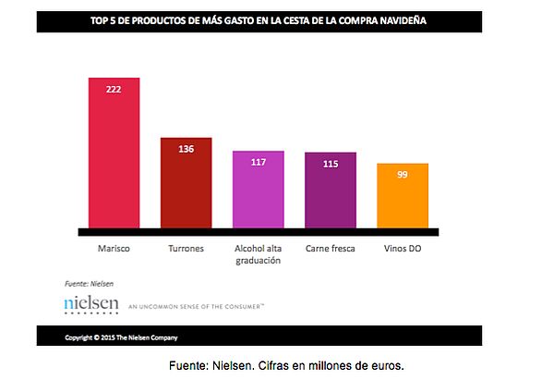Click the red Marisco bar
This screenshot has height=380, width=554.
point(114,153)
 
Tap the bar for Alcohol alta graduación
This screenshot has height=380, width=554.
point(258,190)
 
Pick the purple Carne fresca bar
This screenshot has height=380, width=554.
point(330,190)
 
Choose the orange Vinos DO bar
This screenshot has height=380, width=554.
point(403,195)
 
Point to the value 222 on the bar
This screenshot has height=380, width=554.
point(114,88)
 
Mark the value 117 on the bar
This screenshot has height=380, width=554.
point(258,161)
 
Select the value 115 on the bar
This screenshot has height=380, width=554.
point(330,164)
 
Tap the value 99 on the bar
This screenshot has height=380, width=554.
point(403,173)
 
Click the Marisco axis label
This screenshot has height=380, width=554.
point(114,249)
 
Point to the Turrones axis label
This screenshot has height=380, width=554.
point(186,249)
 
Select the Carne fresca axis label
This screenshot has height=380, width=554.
point(330,249)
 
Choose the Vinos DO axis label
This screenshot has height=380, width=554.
point(403,249)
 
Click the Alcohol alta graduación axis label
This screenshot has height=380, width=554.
point(258,254)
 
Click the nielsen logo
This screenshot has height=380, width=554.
point(91,304)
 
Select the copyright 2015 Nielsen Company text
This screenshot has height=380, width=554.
point(122,337)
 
